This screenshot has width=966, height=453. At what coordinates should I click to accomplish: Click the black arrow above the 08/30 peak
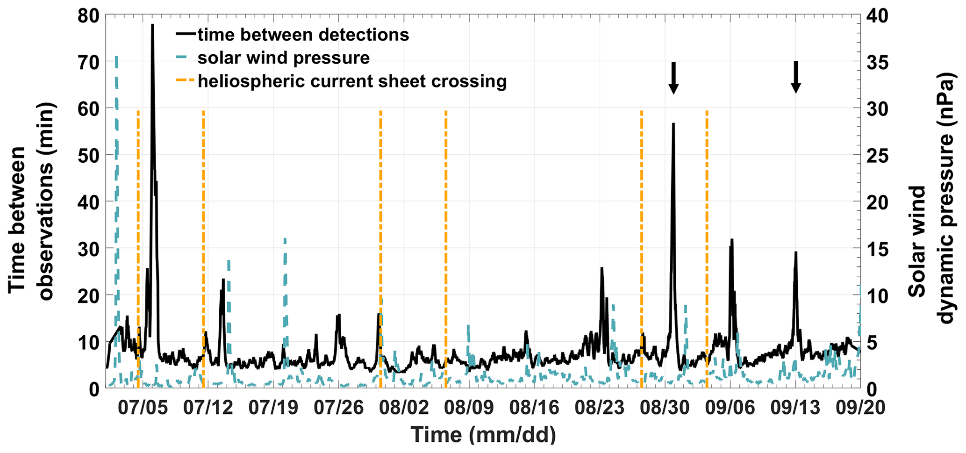tap(673, 78)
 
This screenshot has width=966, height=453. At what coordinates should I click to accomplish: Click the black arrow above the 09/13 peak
tap(796, 77)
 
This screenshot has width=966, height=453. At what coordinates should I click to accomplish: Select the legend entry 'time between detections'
tap(303, 35)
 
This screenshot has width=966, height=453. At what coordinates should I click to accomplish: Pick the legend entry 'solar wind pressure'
tap(283, 58)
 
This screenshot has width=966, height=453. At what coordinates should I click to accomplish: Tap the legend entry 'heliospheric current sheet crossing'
tap(352, 81)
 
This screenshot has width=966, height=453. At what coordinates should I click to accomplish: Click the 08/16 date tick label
tap(534, 408)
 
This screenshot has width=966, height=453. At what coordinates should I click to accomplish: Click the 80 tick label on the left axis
tap(89, 15)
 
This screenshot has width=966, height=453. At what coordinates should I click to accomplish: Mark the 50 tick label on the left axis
tap(89, 155)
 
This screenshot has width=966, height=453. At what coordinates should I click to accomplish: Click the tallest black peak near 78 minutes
tap(152, 25)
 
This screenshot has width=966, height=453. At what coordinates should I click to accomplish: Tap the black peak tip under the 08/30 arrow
tap(673, 124)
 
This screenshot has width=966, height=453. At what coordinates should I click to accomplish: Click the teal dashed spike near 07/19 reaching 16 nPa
tap(285, 239)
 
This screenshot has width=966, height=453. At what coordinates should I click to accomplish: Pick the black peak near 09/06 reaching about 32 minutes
tap(732, 240)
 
